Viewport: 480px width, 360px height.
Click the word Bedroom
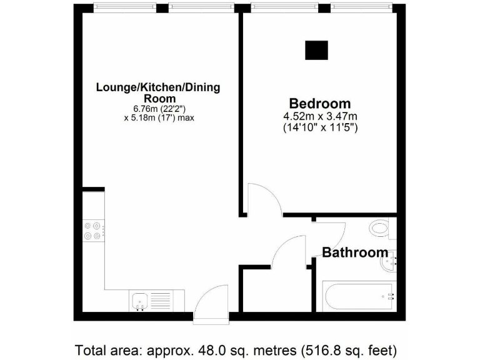click(x=319, y=103)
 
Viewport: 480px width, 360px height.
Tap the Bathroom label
click(x=354, y=252)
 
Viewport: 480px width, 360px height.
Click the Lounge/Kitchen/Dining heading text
click(x=157, y=87)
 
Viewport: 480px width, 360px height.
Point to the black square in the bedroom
click(x=316, y=50)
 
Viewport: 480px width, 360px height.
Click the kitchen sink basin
click(x=139, y=301)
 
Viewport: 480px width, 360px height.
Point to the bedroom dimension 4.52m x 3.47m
click(x=319, y=116)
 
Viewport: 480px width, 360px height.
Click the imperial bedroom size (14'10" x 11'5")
click(x=319, y=127)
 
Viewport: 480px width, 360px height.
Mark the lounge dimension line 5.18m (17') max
click(x=157, y=117)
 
